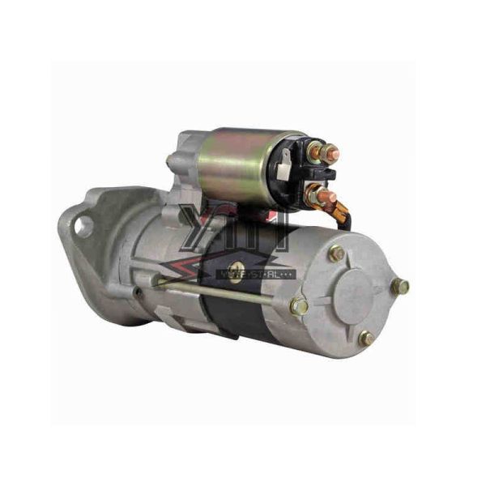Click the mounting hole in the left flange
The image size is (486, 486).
point(82,227)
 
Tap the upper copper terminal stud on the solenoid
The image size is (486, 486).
point(328,151)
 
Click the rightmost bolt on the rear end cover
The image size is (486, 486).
point(399,286)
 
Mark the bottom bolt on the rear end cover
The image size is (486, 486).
point(366,339)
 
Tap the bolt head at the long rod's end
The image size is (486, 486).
point(299,306)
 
